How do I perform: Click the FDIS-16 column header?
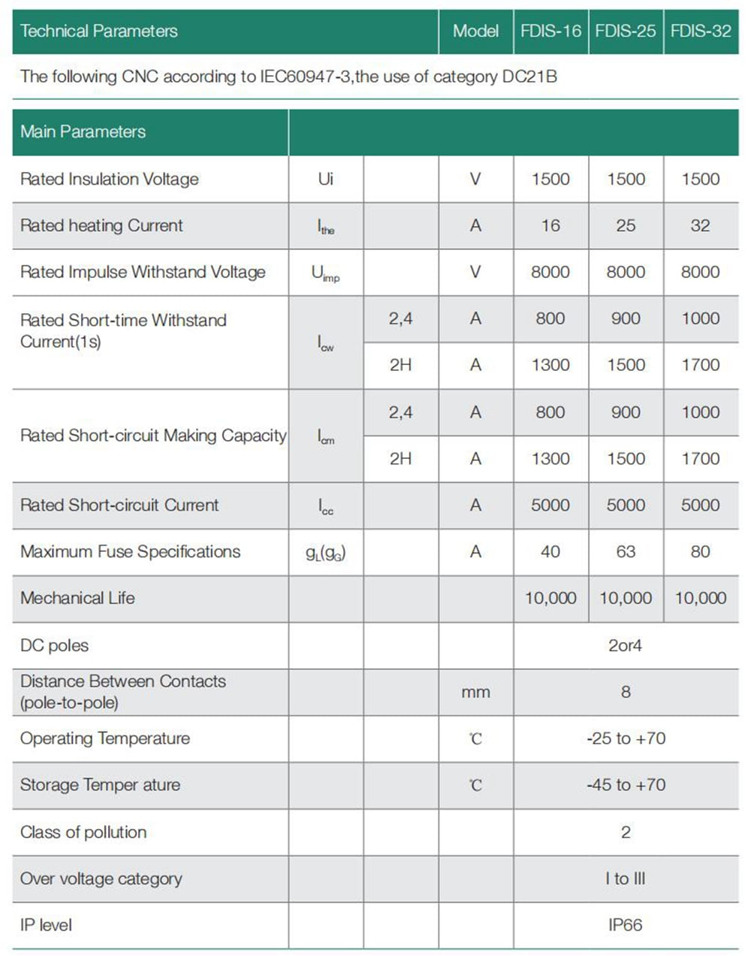550,31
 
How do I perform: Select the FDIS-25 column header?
626,31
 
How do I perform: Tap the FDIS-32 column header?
700,31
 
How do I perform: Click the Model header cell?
475,31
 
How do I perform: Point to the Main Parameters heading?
83,131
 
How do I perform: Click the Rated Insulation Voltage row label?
110,179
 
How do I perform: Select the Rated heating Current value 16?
550,225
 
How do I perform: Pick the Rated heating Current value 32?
700,225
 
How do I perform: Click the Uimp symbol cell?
325,273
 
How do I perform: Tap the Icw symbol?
325,343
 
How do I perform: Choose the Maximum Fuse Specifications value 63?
626,551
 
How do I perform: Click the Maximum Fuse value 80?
700,551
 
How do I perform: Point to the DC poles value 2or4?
625,645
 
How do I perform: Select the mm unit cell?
475,692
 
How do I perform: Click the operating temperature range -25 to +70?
626,738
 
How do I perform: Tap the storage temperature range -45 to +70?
626,785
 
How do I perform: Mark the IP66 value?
625,924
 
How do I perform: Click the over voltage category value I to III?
625,878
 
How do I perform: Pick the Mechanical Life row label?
77,598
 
